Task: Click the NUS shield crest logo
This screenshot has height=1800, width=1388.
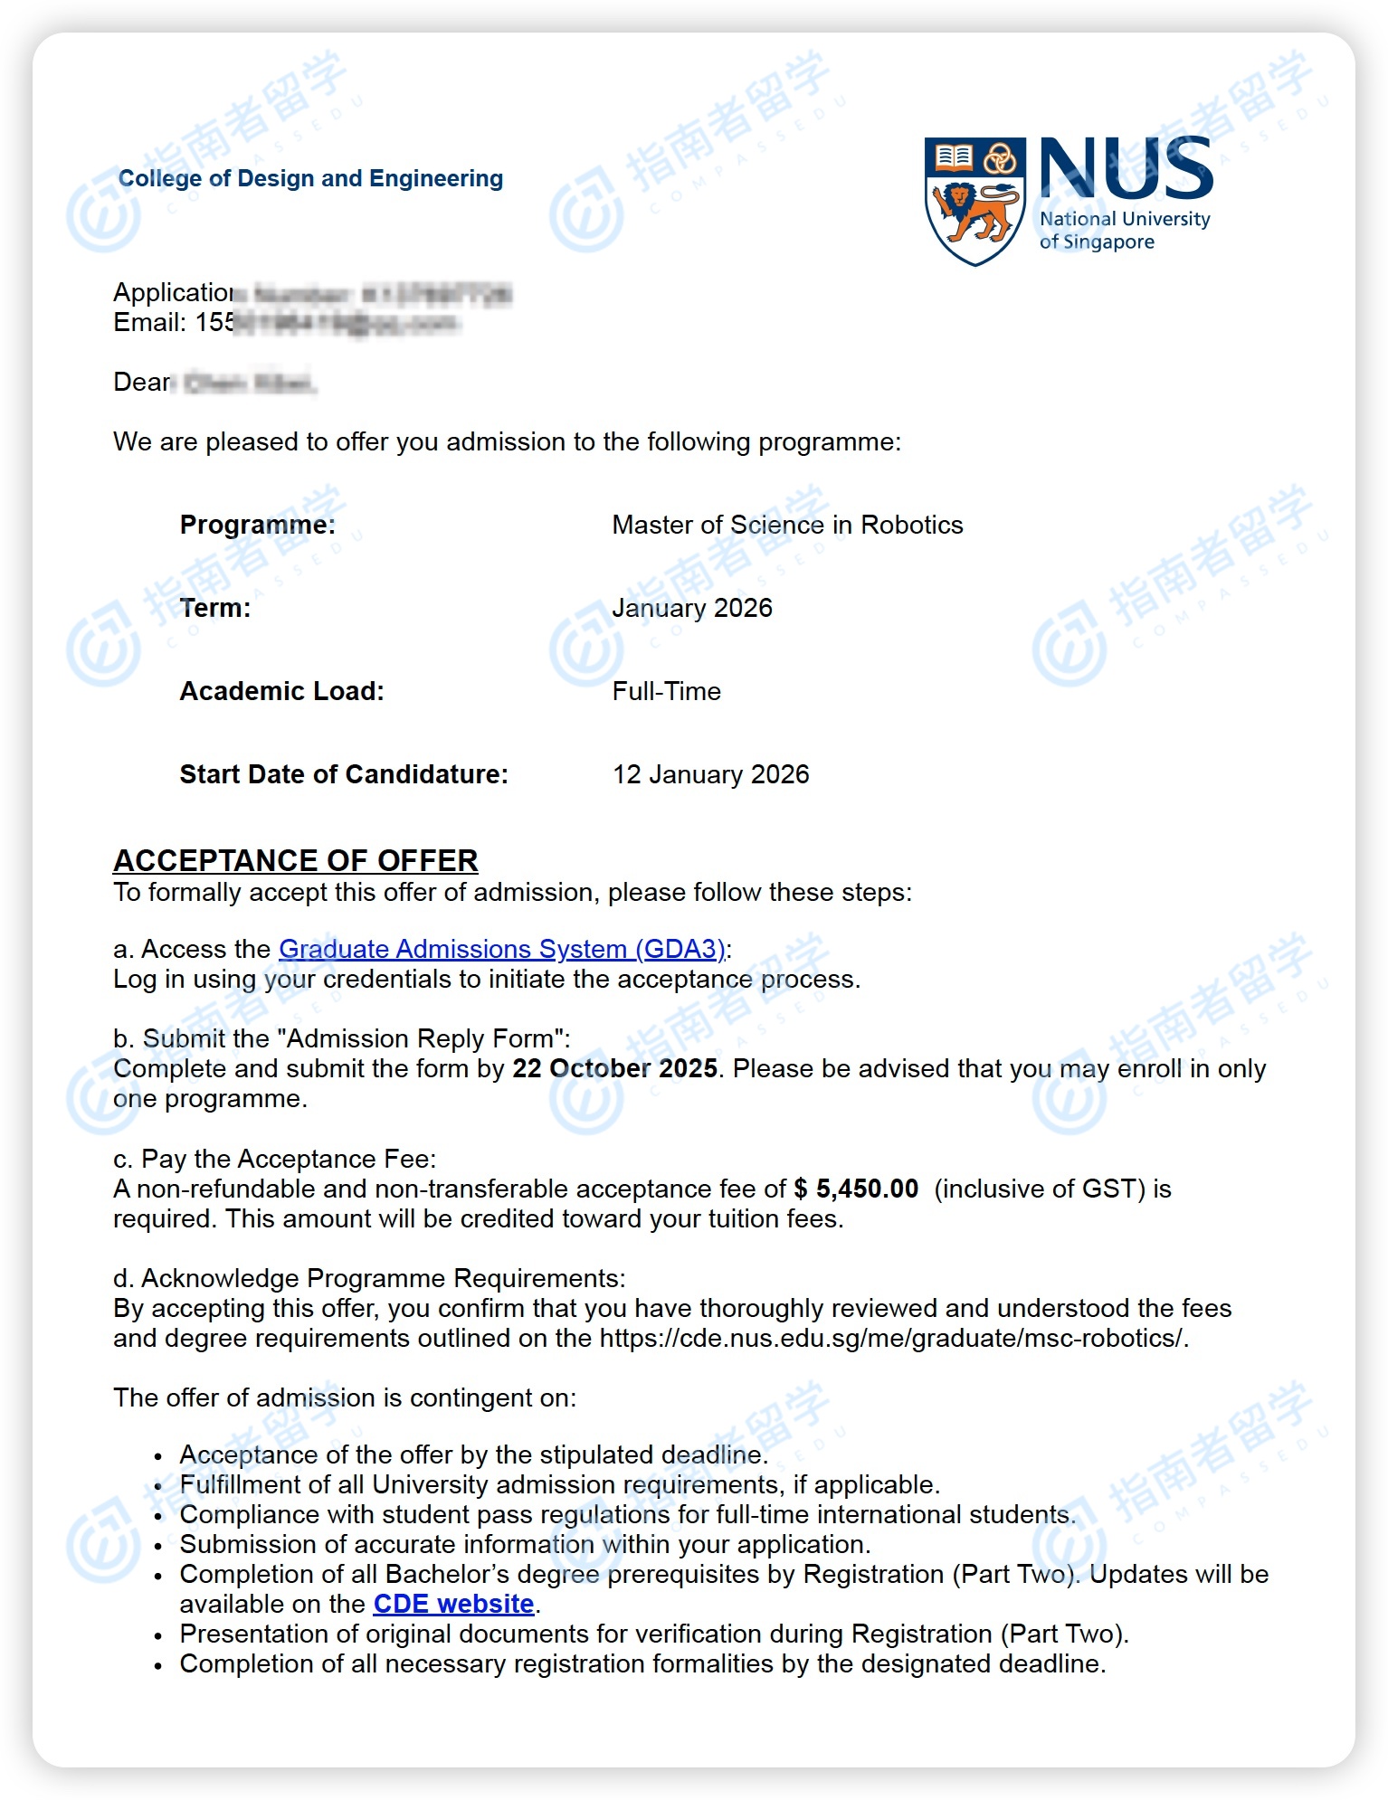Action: [x=974, y=201]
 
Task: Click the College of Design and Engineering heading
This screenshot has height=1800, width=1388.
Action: [x=310, y=178]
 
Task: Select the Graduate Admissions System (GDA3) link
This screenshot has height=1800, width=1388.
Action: [x=502, y=949]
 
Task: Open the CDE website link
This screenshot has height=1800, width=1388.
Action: [x=453, y=1604]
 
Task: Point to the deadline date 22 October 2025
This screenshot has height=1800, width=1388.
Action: [x=615, y=1068]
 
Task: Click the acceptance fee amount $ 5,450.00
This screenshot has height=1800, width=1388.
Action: [x=856, y=1189]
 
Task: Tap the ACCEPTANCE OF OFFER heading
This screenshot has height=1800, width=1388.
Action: [x=295, y=860]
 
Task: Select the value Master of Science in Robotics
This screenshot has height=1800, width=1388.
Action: [x=787, y=525]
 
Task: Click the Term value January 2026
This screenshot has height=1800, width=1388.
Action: [x=692, y=608]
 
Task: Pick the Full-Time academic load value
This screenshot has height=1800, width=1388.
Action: [x=667, y=691]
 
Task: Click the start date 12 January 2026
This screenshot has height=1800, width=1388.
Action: [x=711, y=774]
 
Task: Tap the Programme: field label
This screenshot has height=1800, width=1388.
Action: [x=257, y=525]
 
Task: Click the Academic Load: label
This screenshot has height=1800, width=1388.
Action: [x=281, y=691]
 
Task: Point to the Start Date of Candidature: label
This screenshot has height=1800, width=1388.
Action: [x=344, y=774]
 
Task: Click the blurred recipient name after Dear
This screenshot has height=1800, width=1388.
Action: [x=249, y=383]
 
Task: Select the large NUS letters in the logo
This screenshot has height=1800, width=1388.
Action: [x=1126, y=168]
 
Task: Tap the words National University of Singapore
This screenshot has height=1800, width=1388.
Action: [x=1124, y=231]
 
